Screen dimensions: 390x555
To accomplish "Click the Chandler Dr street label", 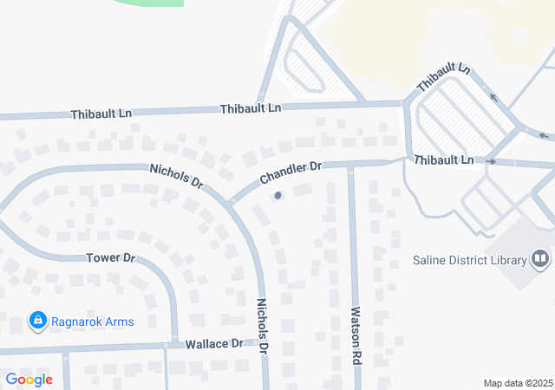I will pos(291,172).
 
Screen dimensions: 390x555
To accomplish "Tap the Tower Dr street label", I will pos(112,258).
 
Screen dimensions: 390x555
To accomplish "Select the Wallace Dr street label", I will pos(214,344).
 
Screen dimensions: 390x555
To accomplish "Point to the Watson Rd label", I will pos(355,334).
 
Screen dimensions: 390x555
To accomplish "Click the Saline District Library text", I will pos(470,261).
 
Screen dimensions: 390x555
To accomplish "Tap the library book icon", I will pos(540,259).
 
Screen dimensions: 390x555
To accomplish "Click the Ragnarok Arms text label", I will pos(95,322).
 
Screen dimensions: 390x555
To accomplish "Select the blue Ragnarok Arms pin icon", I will pos(37,322).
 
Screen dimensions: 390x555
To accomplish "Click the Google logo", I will pos(29,379).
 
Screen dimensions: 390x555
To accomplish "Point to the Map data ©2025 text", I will pos(517,383).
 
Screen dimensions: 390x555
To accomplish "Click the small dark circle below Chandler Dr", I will pos(277,196).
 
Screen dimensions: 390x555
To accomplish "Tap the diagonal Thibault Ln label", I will pos(443,79).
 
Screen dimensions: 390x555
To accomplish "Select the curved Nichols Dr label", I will pos(176,177).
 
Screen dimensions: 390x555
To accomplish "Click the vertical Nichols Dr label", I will pos(263,326).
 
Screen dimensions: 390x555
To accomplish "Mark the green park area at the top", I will pos(147,3).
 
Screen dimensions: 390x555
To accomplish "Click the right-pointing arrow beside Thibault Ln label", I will pos(491,162).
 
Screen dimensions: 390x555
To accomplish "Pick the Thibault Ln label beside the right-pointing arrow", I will pos(443,160).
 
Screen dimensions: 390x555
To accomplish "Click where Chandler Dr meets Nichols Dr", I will pos(232,203).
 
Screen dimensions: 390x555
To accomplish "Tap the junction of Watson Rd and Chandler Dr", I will pos(350,165).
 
